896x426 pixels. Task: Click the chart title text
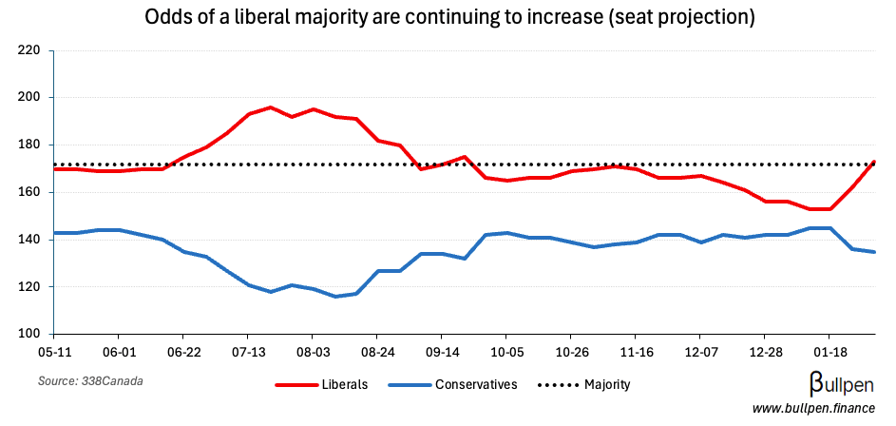(x=448, y=18)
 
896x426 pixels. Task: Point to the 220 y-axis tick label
(x=29, y=50)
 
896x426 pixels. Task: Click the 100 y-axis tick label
(x=29, y=334)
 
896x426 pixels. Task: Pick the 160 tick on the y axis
(x=29, y=192)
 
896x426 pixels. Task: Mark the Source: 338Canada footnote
(x=83, y=381)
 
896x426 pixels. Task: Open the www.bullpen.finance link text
(x=812, y=409)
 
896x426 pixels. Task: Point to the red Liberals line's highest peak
(x=270, y=107)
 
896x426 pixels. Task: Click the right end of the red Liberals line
(x=874, y=162)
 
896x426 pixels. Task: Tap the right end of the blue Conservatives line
(x=874, y=252)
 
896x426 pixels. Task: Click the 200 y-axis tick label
(x=29, y=97)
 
